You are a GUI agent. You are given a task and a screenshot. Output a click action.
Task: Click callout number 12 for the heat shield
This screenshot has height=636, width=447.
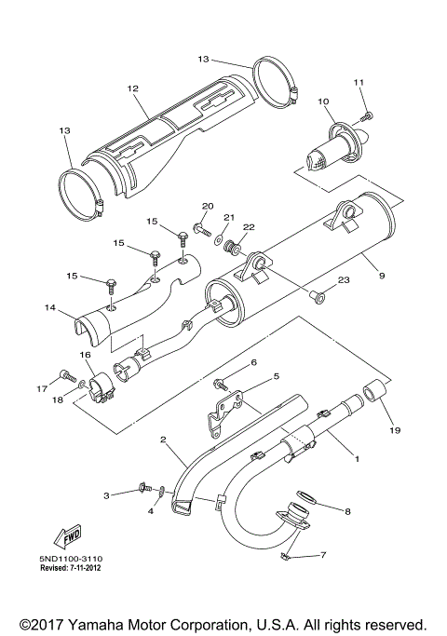pyautogui.click(x=132, y=88)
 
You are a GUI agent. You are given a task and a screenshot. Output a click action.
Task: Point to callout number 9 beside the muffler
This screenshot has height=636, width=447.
pyautogui.click(x=381, y=274)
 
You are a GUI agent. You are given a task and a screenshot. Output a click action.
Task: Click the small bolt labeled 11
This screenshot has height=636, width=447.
pyautogui.click(x=367, y=115)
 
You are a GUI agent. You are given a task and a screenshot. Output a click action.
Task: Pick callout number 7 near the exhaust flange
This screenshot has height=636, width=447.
pyautogui.click(x=323, y=556)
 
